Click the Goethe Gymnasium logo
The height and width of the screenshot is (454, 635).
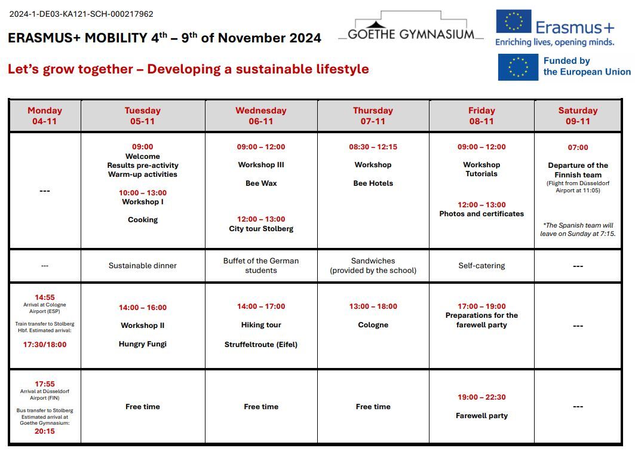(410, 27)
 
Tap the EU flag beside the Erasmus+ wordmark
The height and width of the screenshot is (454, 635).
(513, 22)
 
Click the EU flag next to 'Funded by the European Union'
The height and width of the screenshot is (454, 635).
(518, 67)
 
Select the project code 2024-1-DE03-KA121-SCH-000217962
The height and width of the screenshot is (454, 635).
(81, 14)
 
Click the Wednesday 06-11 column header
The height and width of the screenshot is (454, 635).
(261, 116)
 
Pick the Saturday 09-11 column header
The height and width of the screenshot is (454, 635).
(578, 116)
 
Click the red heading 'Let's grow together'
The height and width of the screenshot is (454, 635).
(188, 69)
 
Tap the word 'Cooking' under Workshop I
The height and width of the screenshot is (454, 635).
(143, 220)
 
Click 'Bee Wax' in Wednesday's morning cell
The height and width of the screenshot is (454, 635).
(261, 183)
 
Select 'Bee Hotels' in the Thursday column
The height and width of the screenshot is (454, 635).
(373, 183)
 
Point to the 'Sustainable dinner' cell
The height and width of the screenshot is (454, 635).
(143, 266)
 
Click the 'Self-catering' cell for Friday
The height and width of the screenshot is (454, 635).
(481, 266)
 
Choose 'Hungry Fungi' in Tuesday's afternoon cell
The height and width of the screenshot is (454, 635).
(143, 344)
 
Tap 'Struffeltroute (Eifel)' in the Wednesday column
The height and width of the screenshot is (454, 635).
(261, 345)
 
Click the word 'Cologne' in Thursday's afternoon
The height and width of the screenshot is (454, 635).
(373, 325)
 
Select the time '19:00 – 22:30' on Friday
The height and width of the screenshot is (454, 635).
(481, 397)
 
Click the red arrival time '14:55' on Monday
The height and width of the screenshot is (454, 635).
(45, 297)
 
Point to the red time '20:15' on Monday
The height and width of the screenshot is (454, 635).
(45, 431)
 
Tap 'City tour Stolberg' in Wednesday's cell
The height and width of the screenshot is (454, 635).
(261, 229)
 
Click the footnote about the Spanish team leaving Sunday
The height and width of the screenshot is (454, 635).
(578, 229)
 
